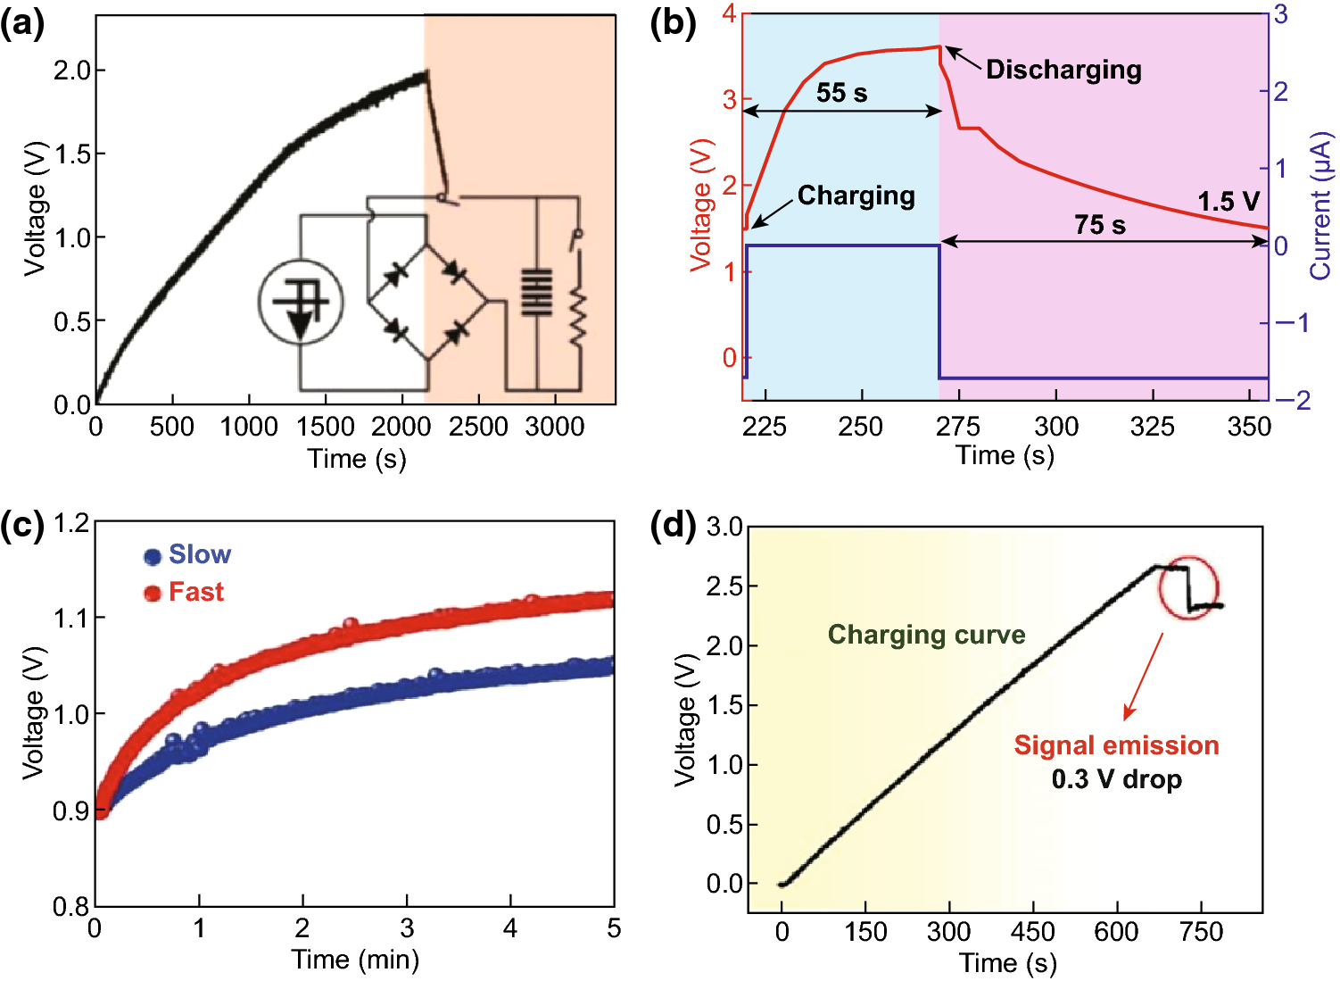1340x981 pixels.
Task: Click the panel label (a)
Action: click(x=22, y=24)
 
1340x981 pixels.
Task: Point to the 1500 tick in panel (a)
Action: click(x=326, y=427)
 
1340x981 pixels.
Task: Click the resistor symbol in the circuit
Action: click(x=577, y=312)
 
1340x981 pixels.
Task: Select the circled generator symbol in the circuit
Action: click(x=301, y=304)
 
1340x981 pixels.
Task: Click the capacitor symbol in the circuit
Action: click(x=536, y=293)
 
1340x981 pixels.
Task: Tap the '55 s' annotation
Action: click(x=841, y=93)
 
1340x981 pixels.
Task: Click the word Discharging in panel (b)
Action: click(x=1063, y=70)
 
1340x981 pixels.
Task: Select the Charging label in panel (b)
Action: click(x=856, y=195)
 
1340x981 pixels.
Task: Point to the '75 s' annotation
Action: click(x=1099, y=225)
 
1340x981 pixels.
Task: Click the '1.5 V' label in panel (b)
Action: click(x=1228, y=202)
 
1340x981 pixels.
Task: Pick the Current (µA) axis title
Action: click(x=1320, y=206)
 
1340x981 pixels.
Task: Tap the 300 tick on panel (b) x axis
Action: click(x=1055, y=427)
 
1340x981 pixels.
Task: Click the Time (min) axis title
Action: click(x=355, y=960)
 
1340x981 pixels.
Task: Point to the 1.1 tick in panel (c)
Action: click(x=70, y=618)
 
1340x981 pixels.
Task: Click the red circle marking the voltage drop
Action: click(x=1188, y=587)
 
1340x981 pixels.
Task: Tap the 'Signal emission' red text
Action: click(x=1115, y=745)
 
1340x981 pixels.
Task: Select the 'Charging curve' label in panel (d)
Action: click(x=926, y=635)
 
